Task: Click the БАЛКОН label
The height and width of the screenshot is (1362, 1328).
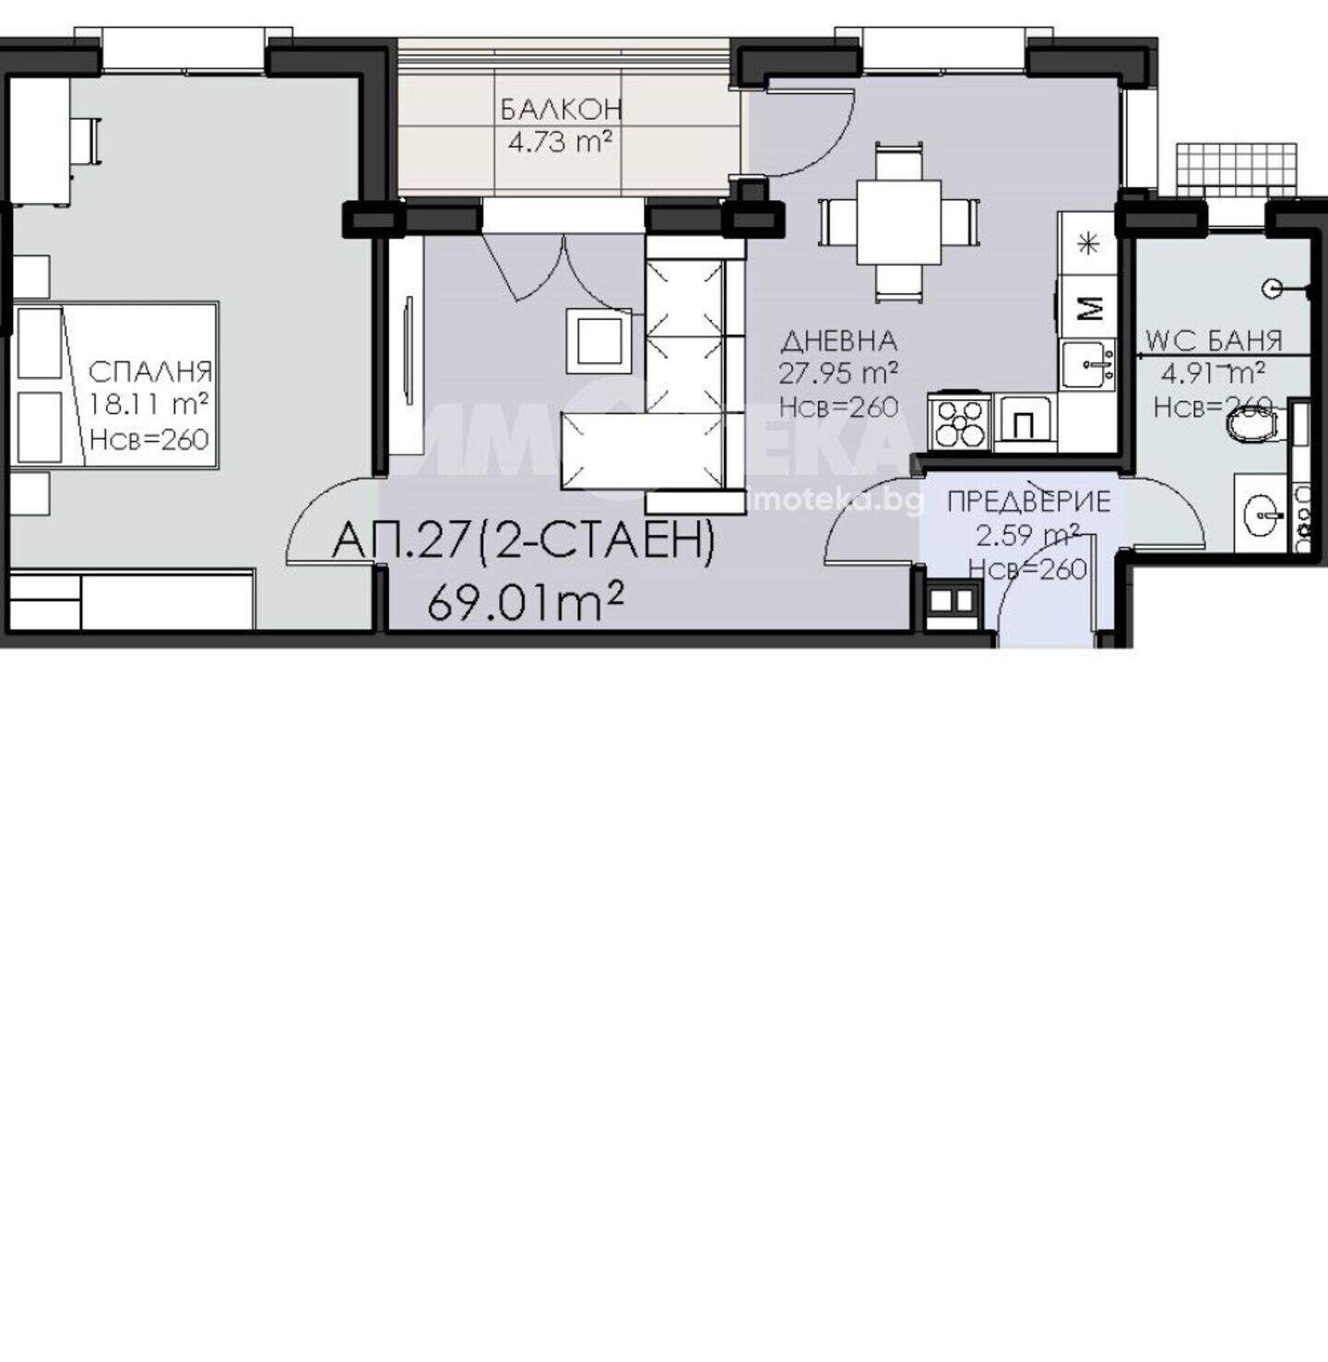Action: tap(561, 110)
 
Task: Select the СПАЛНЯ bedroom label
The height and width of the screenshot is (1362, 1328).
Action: tap(150, 372)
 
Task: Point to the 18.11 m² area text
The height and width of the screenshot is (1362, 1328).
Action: tap(149, 404)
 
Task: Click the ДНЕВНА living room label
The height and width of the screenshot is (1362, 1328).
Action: tap(838, 341)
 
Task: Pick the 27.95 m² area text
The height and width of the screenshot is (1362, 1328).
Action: tap(838, 373)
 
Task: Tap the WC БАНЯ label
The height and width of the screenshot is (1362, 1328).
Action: tap(1214, 341)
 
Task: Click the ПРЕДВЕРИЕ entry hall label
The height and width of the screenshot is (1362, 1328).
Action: tap(1028, 502)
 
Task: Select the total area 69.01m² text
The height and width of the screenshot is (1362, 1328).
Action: tap(525, 601)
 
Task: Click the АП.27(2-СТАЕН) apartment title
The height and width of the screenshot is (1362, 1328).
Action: tap(524, 542)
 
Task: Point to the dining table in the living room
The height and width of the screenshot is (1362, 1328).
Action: tap(899, 222)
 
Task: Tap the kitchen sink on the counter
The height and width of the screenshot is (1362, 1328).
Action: tap(1088, 364)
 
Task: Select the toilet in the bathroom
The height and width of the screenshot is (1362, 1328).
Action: tap(1253, 425)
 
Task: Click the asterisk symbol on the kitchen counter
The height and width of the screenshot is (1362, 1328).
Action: tap(1087, 244)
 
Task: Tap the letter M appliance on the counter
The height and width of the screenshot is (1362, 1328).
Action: tap(1088, 306)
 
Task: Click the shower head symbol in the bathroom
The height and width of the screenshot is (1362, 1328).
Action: tap(1272, 288)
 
